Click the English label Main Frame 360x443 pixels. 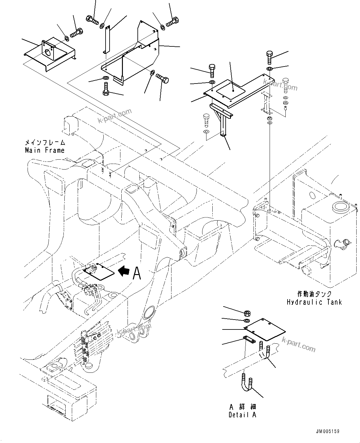coord(45,150)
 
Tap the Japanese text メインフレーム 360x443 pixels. coord(45,143)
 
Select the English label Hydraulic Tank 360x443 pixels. coord(314,302)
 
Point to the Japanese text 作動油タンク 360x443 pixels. coord(314,294)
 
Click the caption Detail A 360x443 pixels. coord(242,415)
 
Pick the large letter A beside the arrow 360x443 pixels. coord(137,273)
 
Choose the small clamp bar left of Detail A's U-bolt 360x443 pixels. coord(249,340)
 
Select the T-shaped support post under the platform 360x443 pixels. coord(222,121)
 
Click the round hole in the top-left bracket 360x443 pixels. coord(48,53)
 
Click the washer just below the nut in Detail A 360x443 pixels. coord(247,320)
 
